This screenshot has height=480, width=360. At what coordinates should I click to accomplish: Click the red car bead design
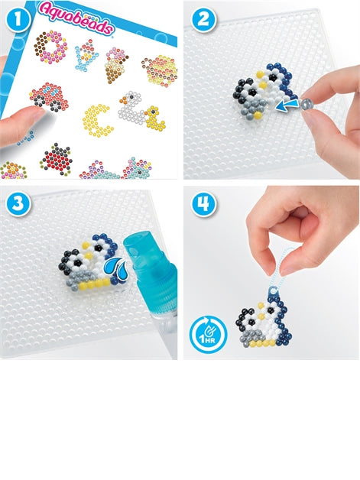pyautogui.click(x=48, y=97)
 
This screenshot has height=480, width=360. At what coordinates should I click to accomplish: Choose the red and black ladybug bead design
pyautogui.click(x=56, y=156)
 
